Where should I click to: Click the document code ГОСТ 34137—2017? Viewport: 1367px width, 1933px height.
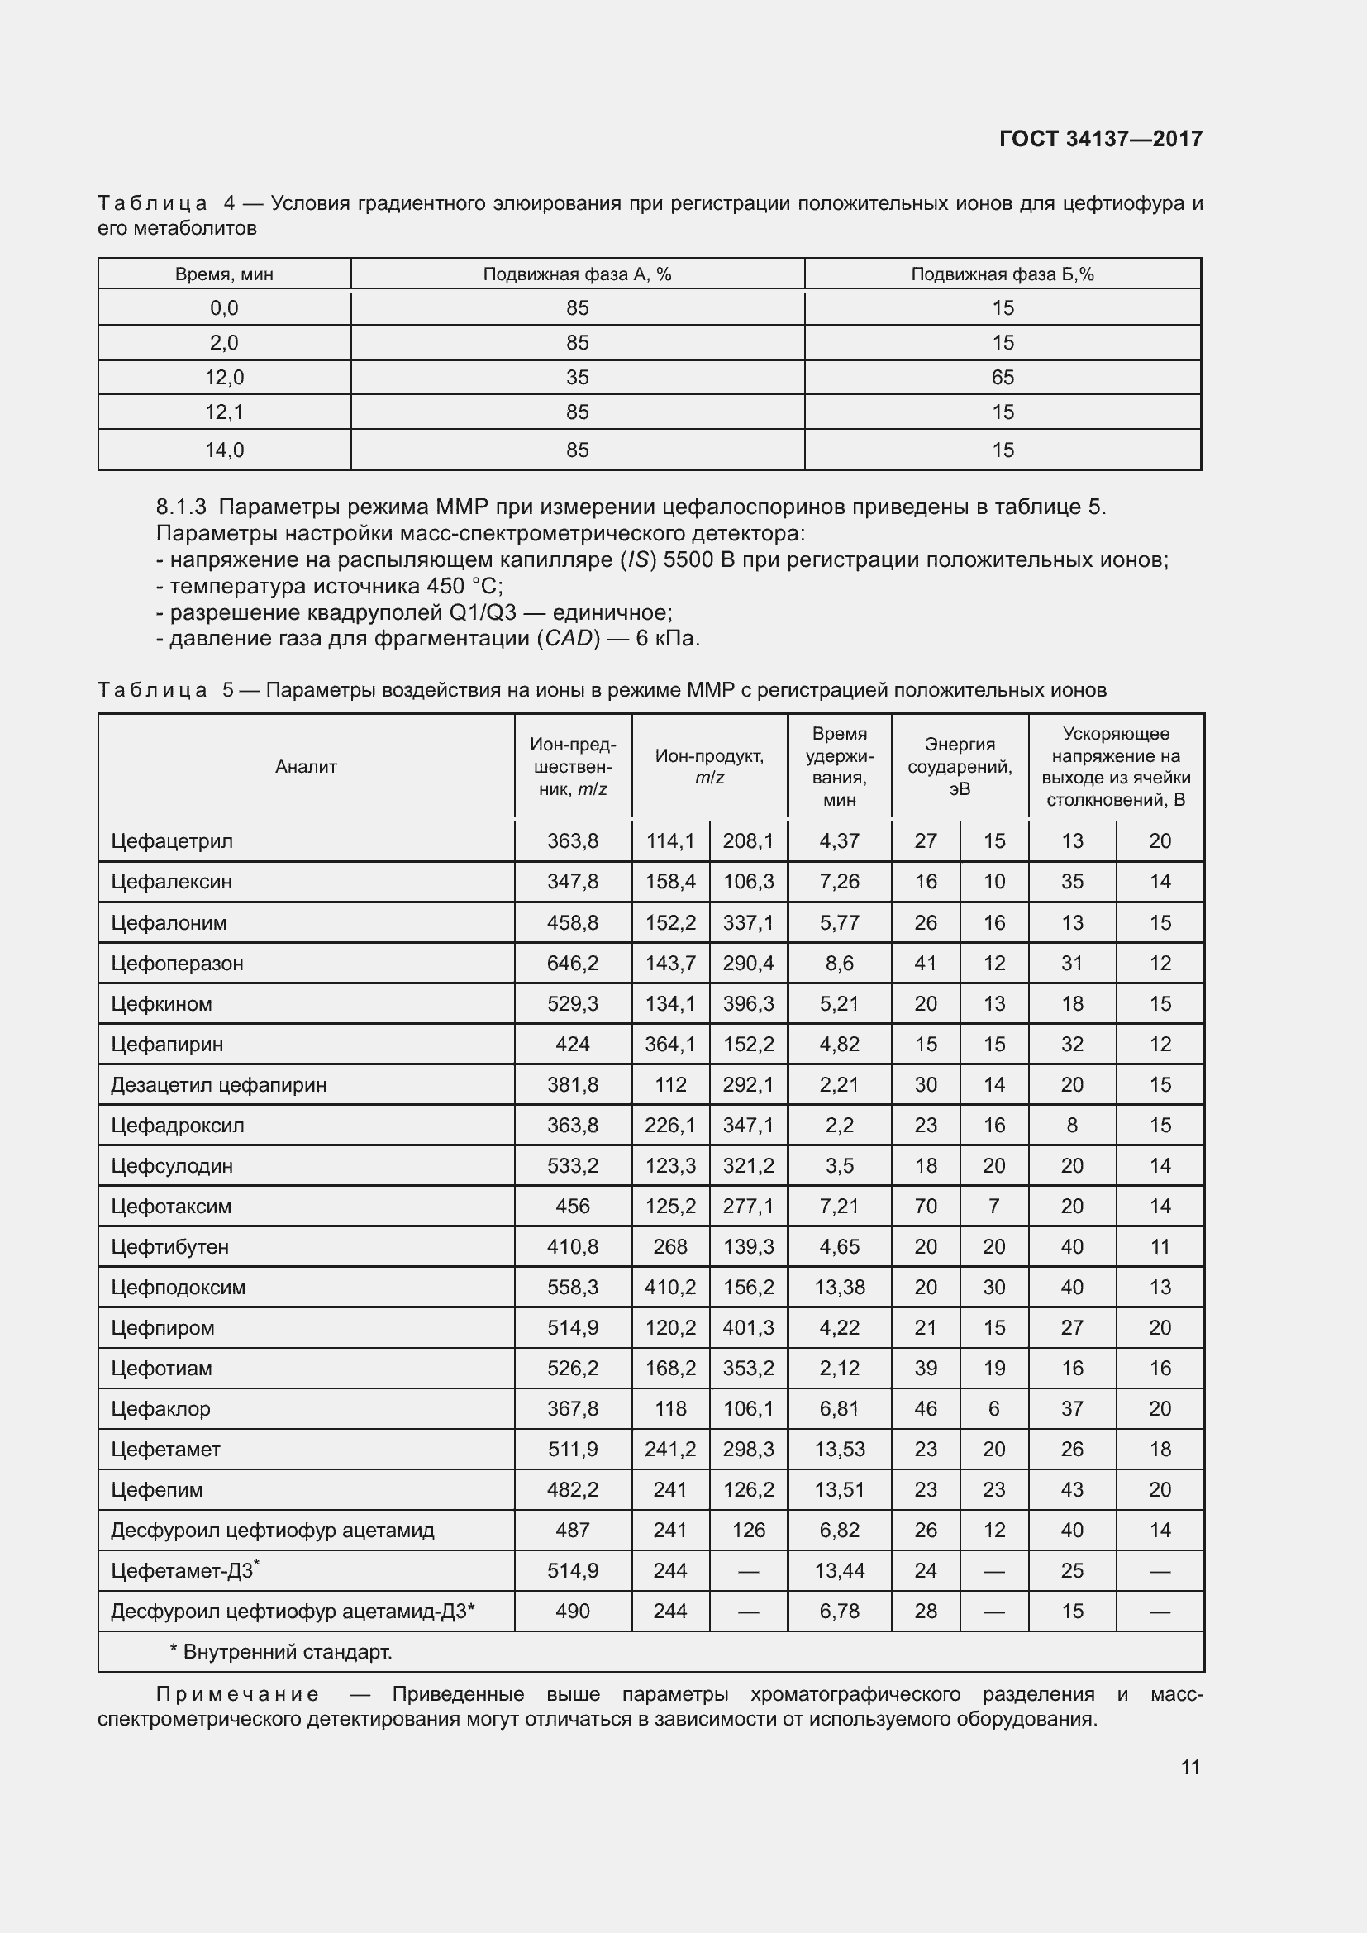point(1100,139)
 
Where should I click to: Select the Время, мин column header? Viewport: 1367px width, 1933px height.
point(224,274)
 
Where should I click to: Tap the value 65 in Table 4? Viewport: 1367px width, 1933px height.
point(1002,377)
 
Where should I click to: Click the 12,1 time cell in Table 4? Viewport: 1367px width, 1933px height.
point(224,412)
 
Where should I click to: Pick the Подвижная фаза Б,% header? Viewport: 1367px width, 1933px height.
point(1002,274)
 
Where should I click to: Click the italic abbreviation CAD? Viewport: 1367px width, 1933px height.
point(568,638)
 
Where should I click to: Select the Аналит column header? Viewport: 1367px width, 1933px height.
point(306,766)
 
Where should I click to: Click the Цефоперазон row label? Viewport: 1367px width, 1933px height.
point(177,963)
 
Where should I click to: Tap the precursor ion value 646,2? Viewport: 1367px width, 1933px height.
point(573,963)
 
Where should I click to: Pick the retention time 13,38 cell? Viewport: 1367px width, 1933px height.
point(839,1288)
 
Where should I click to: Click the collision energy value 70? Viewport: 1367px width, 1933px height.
point(925,1207)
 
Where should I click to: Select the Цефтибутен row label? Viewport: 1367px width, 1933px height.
point(169,1247)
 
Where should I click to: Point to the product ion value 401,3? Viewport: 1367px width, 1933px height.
point(747,1328)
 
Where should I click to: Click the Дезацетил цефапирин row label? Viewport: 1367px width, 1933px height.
point(218,1084)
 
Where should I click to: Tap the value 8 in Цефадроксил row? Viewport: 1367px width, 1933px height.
point(1072,1125)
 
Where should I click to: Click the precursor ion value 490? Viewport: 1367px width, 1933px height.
point(573,1611)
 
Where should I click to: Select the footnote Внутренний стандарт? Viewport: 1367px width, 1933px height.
point(286,1652)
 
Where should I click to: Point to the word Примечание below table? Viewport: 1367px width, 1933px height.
point(237,1694)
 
